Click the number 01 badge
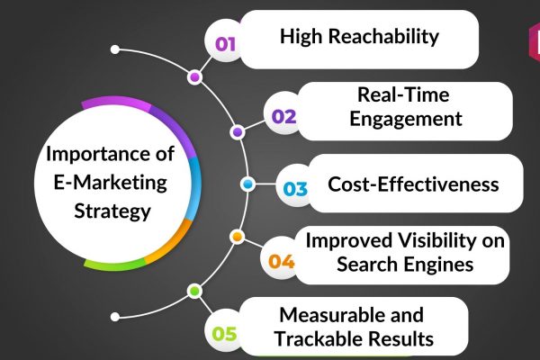[x=225, y=44]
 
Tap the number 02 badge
[x=283, y=116]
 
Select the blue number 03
[x=295, y=189]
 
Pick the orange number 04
[x=282, y=261]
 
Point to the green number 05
[x=224, y=334]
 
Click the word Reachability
[x=383, y=36]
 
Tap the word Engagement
[x=406, y=119]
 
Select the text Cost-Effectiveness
[x=413, y=184]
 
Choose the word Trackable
[x=314, y=338]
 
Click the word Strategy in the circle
[x=112, y=211]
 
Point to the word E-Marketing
[x=110, y=182]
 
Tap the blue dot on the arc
[x=247, y=184]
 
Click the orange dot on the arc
[x=237, y=237]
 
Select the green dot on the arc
[x=194, y=291]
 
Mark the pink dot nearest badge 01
[x=194, y=76]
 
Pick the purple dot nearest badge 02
[x=238, y=132]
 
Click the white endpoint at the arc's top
[x=115, y=49]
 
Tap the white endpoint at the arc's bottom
[x=115, y=317]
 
